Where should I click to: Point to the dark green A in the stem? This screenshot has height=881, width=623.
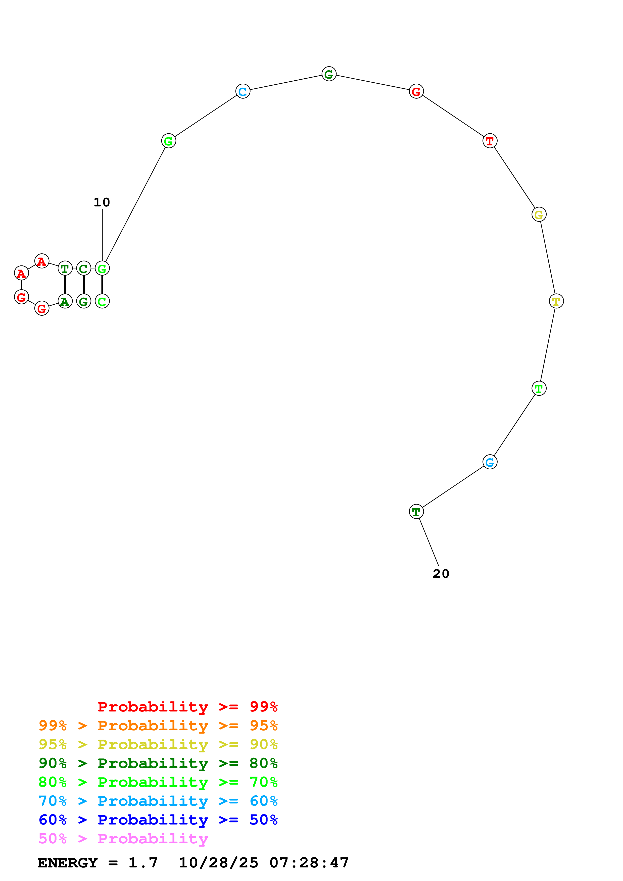tap(65, 301)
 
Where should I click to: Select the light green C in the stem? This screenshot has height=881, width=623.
tap(102, 301)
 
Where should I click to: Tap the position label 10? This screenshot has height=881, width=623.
tap(102, 202)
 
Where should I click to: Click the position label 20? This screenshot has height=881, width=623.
tap(441, 574)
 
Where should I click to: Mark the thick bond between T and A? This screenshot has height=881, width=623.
tap(65, 285)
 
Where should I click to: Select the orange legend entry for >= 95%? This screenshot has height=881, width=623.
tap(158, 726)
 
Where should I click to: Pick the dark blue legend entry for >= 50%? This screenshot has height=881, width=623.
tap(158, 820)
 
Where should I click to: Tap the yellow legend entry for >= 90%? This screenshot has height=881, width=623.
tap(158, 744)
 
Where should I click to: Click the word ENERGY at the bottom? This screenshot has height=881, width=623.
tap(68, 863)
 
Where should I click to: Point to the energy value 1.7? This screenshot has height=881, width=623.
tap(143, 863)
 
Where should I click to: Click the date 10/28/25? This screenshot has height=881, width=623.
tap(218, 863)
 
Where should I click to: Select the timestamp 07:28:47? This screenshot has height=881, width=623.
tap(309, 863)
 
